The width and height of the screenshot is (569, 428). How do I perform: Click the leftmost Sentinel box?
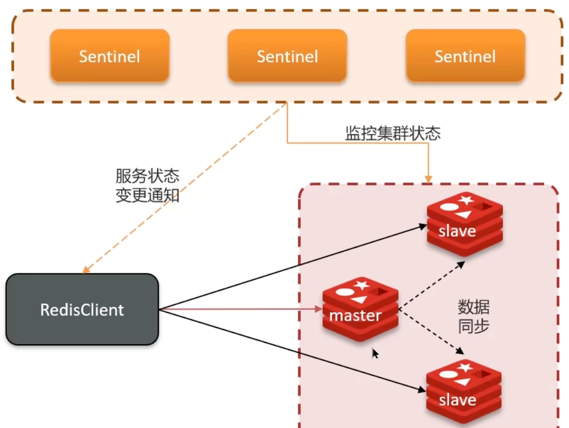pos(109,56)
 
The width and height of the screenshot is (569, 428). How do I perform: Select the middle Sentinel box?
pos(287,56)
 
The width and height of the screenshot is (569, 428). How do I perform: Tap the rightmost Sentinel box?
pos(465,56)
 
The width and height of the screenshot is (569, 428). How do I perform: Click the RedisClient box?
pos(82,309)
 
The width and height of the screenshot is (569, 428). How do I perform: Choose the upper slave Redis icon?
pos(464,224)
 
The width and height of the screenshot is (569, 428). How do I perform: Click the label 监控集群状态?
pos(392,133)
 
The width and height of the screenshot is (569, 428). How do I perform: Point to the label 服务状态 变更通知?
pos(147,186)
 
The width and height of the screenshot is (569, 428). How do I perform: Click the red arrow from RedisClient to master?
pos(242,309)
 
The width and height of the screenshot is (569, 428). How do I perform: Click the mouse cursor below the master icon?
pos(375,353)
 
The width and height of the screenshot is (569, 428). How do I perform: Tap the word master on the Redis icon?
pos(355,315)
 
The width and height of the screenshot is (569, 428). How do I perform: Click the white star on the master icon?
pos(362,284)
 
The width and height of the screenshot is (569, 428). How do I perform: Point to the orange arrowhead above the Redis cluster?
pos(428,179)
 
